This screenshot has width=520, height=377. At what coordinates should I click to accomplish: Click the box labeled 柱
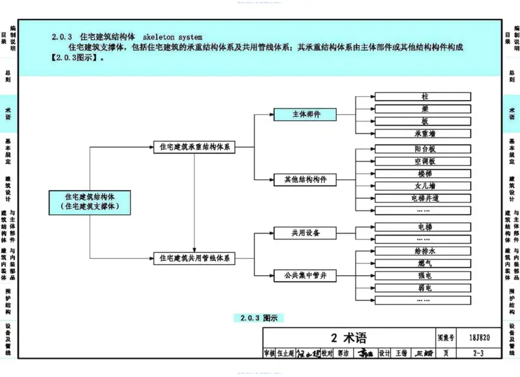click(424, 97)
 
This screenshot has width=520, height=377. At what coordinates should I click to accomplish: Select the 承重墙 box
click(424, 133)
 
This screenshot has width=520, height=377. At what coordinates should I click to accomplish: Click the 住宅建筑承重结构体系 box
click(195, 147)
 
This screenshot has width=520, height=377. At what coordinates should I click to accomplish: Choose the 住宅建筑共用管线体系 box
click(195, 258)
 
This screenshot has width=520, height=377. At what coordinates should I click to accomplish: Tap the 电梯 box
click(424, 226)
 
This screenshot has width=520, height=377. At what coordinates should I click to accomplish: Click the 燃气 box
click(424, 263)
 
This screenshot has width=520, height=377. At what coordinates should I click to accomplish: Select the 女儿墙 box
click(424, 186)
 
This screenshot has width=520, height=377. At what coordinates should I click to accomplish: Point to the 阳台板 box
click(424, 149)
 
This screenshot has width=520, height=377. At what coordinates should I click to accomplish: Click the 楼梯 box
click(424, 173)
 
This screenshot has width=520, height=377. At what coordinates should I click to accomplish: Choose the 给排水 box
click(424, 250)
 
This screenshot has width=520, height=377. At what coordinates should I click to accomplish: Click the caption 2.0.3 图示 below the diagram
click(259, 318)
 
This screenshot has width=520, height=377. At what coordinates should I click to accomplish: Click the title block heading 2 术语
click(348, 338)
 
